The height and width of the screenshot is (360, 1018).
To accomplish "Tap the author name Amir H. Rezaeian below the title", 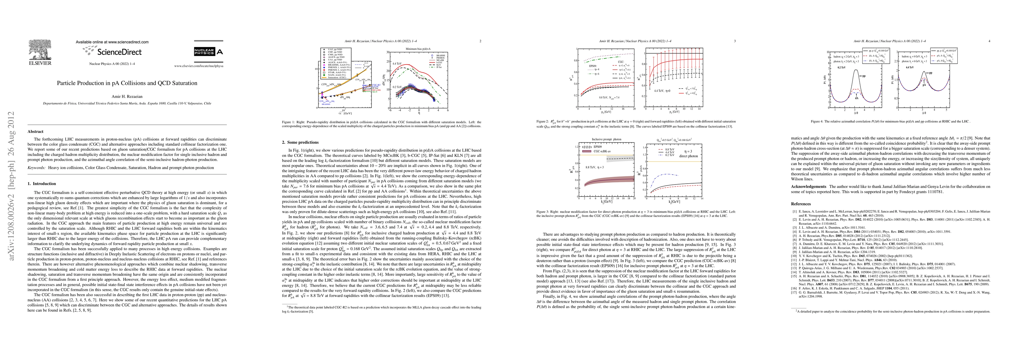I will [127, 96].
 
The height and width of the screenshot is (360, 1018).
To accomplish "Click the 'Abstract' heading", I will [36, 132].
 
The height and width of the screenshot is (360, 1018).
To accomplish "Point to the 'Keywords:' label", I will [37, 168].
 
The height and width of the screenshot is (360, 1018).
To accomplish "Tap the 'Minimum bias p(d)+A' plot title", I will [418, 49].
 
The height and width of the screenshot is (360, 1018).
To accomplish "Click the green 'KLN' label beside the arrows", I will [374, 92].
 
